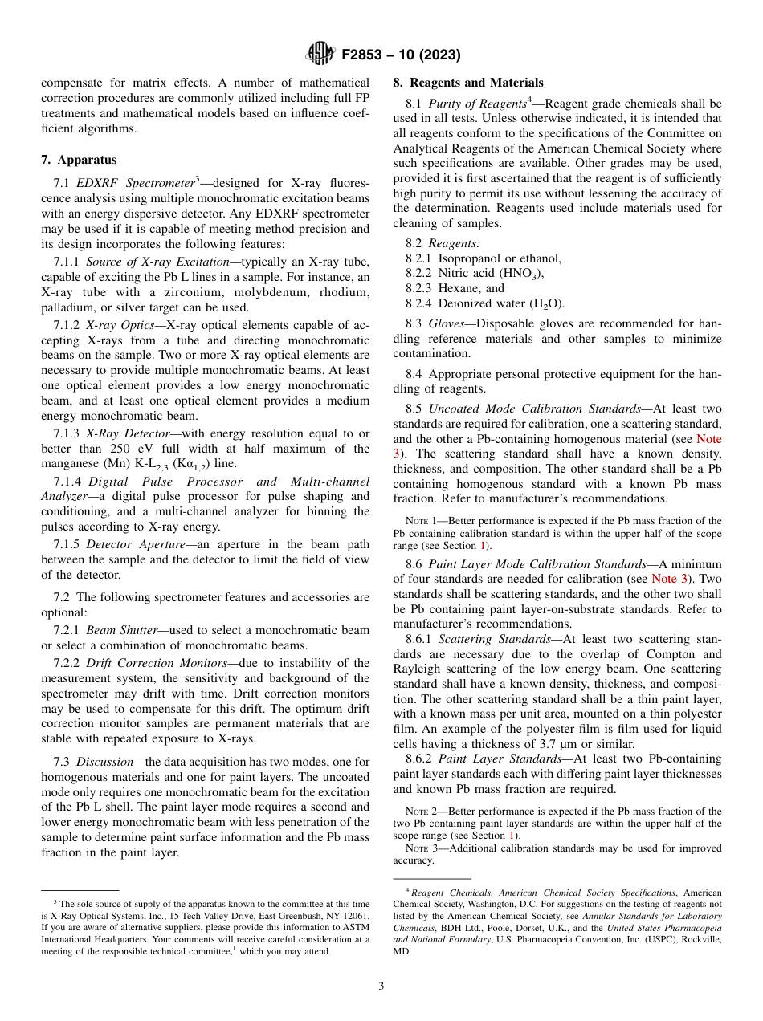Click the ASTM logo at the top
(320, 55)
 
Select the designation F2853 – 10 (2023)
(401, 55)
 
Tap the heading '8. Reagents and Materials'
(467, 83)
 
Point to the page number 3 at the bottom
(381, 986)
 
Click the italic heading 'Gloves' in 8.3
(446, 323)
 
